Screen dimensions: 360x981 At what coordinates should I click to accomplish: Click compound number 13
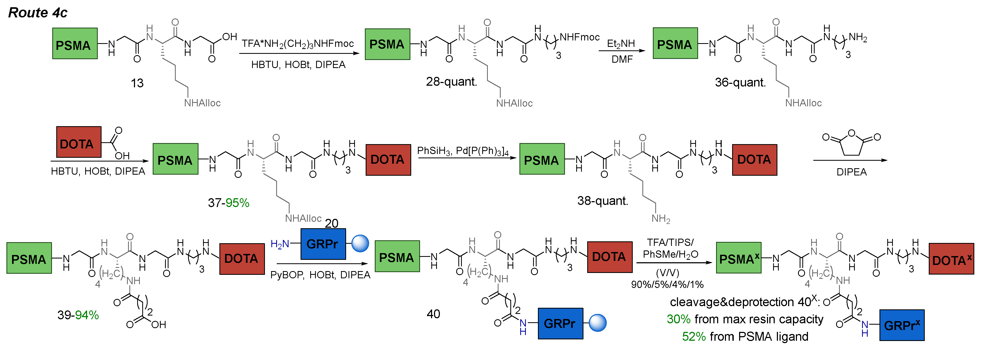click(137, 83)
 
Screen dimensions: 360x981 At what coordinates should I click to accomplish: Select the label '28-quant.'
click(451, 81)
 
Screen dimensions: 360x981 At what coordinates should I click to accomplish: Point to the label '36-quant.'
click(740, 82)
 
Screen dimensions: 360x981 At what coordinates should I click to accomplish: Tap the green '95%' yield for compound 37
click(237, 203)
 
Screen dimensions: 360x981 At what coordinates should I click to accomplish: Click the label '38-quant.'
click(602, 201)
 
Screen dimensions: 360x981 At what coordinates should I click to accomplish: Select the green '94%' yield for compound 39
click(87, 315)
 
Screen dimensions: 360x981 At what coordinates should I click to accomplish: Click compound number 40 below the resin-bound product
click(433, 314)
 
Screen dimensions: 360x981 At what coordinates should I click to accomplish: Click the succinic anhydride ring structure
click(852, 143)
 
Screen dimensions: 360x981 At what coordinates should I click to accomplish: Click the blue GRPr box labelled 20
click(323, 244)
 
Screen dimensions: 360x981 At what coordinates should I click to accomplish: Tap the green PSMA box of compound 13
click(75, 43)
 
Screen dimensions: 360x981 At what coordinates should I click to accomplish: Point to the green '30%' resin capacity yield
click(678, 319)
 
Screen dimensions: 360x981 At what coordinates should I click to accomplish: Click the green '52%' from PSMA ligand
click(694, 336)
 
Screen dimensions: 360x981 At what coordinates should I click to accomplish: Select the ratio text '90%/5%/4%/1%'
click(667, 284)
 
